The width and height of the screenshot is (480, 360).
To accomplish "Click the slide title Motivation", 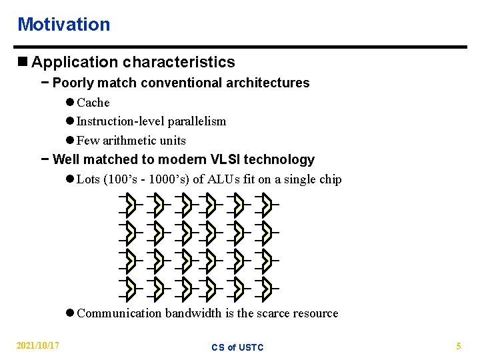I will click(63, 25).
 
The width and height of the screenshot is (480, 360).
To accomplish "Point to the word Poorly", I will click(72, 83).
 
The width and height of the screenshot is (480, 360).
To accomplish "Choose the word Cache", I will click(93, 103).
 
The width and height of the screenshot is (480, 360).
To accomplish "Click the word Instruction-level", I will click(121, 121).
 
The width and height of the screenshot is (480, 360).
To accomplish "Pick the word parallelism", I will click(197, 121).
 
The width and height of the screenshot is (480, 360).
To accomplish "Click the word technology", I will click(281, 160).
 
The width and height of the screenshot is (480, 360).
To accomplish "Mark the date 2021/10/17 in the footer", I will click(37, 346).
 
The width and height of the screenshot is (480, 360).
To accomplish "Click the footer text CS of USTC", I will click(237, 347).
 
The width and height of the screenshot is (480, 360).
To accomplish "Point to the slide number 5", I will click(458, 346).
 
